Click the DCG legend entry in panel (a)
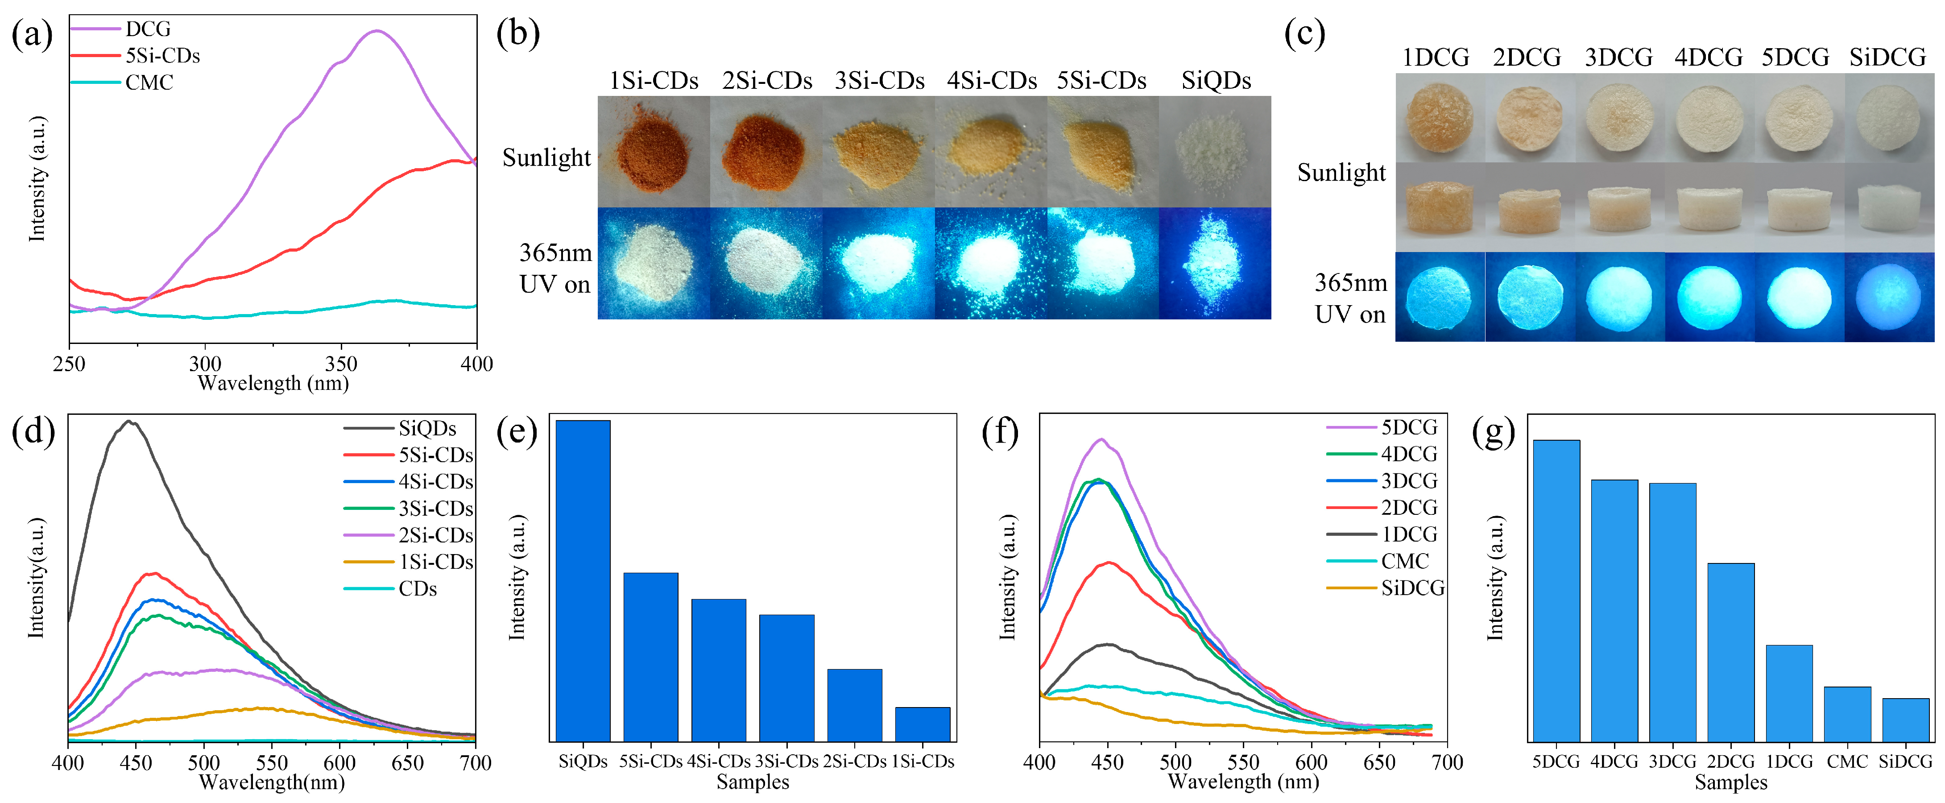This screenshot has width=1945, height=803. click(148, 29)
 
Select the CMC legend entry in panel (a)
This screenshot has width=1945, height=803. click(149, 83)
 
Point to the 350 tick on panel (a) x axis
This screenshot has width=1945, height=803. click(340, 363)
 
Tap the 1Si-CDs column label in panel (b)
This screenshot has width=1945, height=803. click(654, 80)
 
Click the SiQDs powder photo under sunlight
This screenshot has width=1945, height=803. click(1215, 152)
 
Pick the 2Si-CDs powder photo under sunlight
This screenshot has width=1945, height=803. click(766, 152)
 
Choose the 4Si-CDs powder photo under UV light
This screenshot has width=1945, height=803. click(991, 263)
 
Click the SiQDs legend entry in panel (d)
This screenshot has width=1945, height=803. click(427, 428)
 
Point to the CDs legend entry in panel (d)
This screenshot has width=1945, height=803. click(418, 588)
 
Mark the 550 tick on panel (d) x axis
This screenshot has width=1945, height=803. click(272, 762)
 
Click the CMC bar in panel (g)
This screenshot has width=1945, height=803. click(1847, 714)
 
